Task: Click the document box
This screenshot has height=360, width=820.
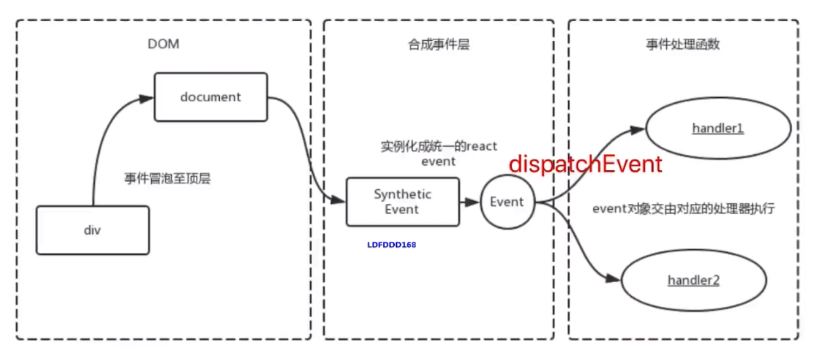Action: [x=211, y=97]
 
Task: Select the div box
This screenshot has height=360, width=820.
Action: [x=92, y=230]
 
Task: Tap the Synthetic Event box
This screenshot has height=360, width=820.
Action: [x=402, y=202]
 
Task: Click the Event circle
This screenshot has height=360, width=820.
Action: [x=507, y=202]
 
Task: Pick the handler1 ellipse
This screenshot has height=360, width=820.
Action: [x=718, y=129]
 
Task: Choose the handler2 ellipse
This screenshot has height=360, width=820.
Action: [x=693, y=281]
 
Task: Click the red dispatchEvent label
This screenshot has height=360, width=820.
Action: [x=586, y=164]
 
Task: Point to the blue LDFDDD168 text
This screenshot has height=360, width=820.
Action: [x=392, y=245]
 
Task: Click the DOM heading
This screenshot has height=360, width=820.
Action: [x=163, y=45]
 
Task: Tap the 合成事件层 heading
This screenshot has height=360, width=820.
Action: [x=439, y=45]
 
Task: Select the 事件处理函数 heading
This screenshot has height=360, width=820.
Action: [x=683, y=45]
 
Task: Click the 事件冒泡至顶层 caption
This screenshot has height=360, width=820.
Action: [x=167, y=179]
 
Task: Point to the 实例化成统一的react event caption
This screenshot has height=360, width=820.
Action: [x=439, y=153]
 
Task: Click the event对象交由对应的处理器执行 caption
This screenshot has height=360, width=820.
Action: [x=683, y=209]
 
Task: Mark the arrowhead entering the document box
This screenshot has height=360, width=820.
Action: [x=147, y=99]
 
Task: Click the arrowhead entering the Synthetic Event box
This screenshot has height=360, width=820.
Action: [x=338, y=200]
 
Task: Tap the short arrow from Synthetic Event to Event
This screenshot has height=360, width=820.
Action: [x=469, y=202]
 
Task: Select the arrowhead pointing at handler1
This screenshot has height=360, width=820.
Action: [x=637, y=130]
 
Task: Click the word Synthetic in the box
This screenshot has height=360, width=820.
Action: [x=402, y=195]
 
